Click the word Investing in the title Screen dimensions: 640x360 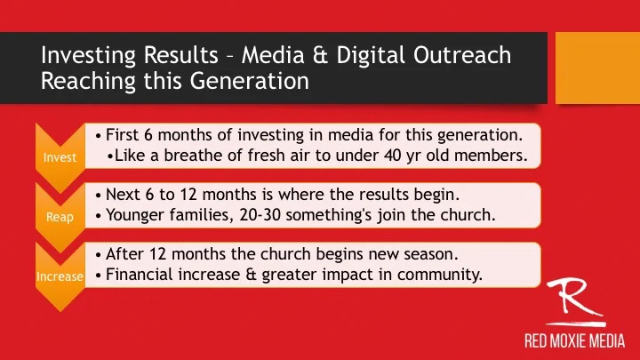pos(88,56)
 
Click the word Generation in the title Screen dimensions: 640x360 pos(250,80)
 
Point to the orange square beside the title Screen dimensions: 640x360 pos(597,68)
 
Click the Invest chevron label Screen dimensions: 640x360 pos(60,157)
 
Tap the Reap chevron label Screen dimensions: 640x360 pos(60,217)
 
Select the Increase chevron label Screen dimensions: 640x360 pos(60,276)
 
